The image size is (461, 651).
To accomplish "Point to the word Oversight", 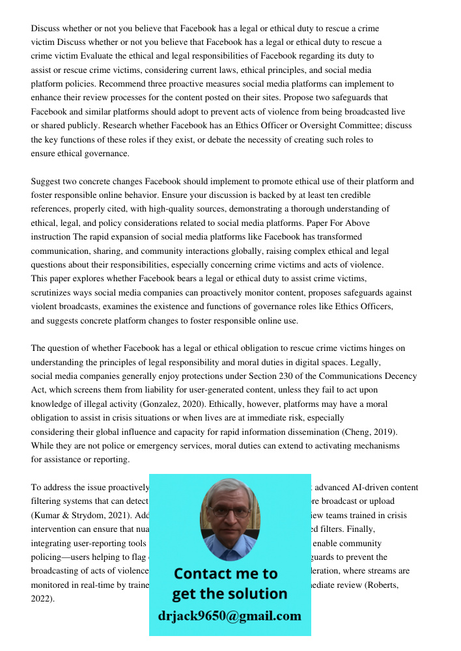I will pyautogui.click(x=319, y=126).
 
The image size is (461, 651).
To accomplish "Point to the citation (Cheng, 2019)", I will pyautogui.click(x=378, y=432).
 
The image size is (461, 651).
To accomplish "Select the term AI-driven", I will pyautogui.click(x=368, y=488).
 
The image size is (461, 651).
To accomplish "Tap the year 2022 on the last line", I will pyautogui.click(x=42, y=599).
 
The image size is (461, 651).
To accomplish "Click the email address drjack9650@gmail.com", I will pyautogui.click(x=230, y=615).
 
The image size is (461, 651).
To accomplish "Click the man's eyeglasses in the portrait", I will pyautogui.click(x=229, y=512).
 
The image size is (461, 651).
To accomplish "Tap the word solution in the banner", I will pyautogui.click(x=256, y=594).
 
